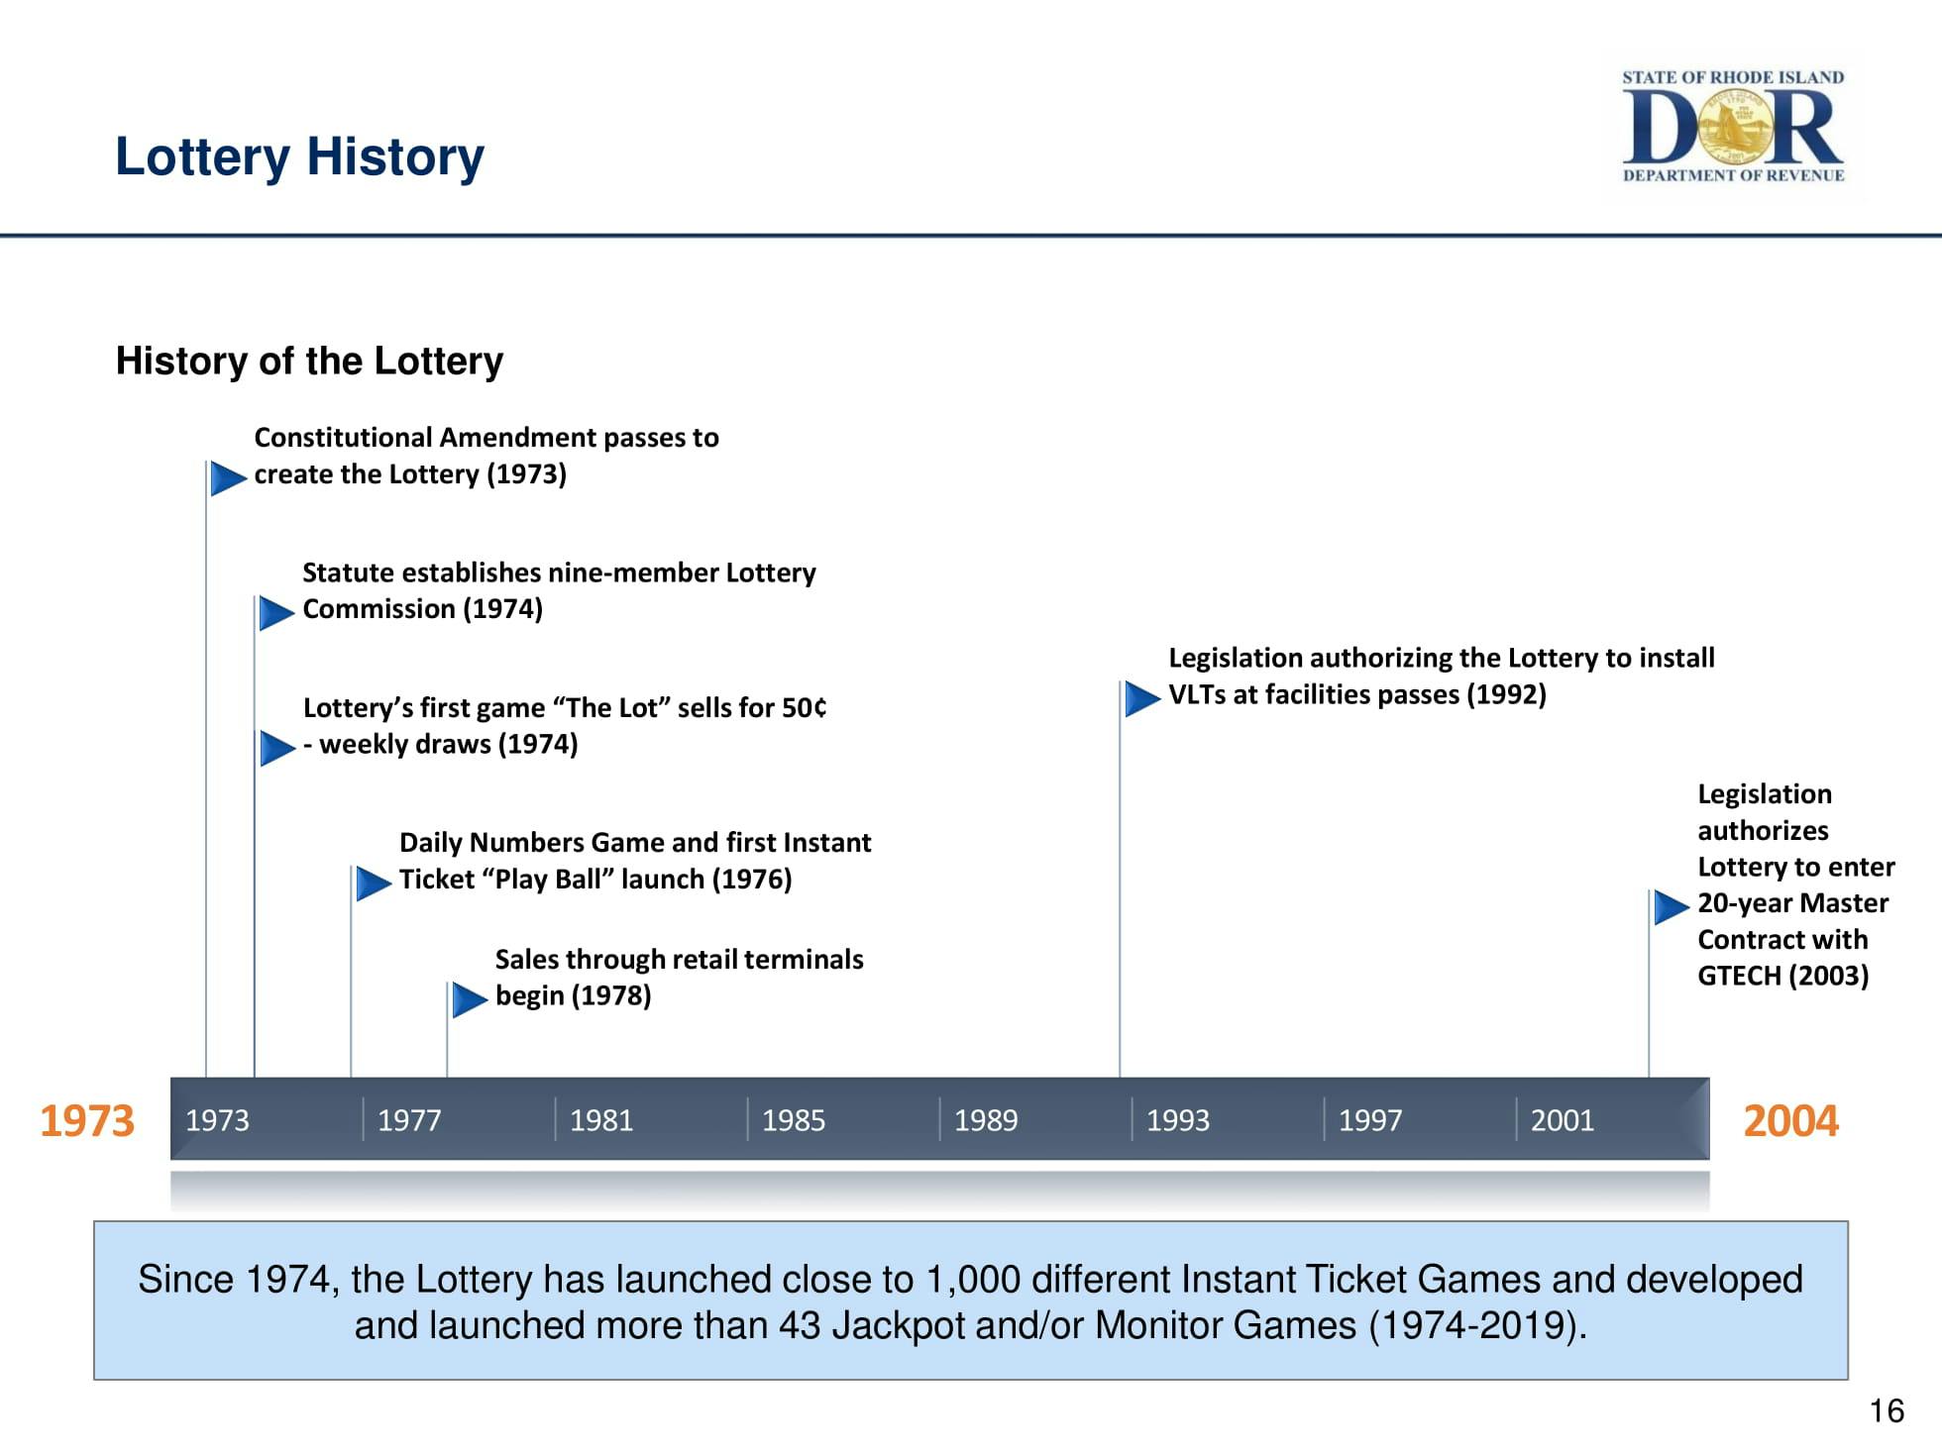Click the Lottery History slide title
299,156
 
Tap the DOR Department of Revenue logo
1732,127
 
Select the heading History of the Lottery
309,362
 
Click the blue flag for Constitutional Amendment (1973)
227,478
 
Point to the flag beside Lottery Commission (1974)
275,613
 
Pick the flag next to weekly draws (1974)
276,748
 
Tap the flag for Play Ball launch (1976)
373,883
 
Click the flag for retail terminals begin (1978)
469,999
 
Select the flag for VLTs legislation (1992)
1141,698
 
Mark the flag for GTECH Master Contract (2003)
1671,906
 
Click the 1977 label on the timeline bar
409,1120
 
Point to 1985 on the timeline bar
794,1120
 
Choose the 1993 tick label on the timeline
1178,1120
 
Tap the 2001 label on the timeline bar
1563,1120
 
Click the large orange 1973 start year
87,1121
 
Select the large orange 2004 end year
1790,1121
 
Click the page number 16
1887,1410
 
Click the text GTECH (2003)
1782,976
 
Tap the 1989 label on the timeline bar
986,1120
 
